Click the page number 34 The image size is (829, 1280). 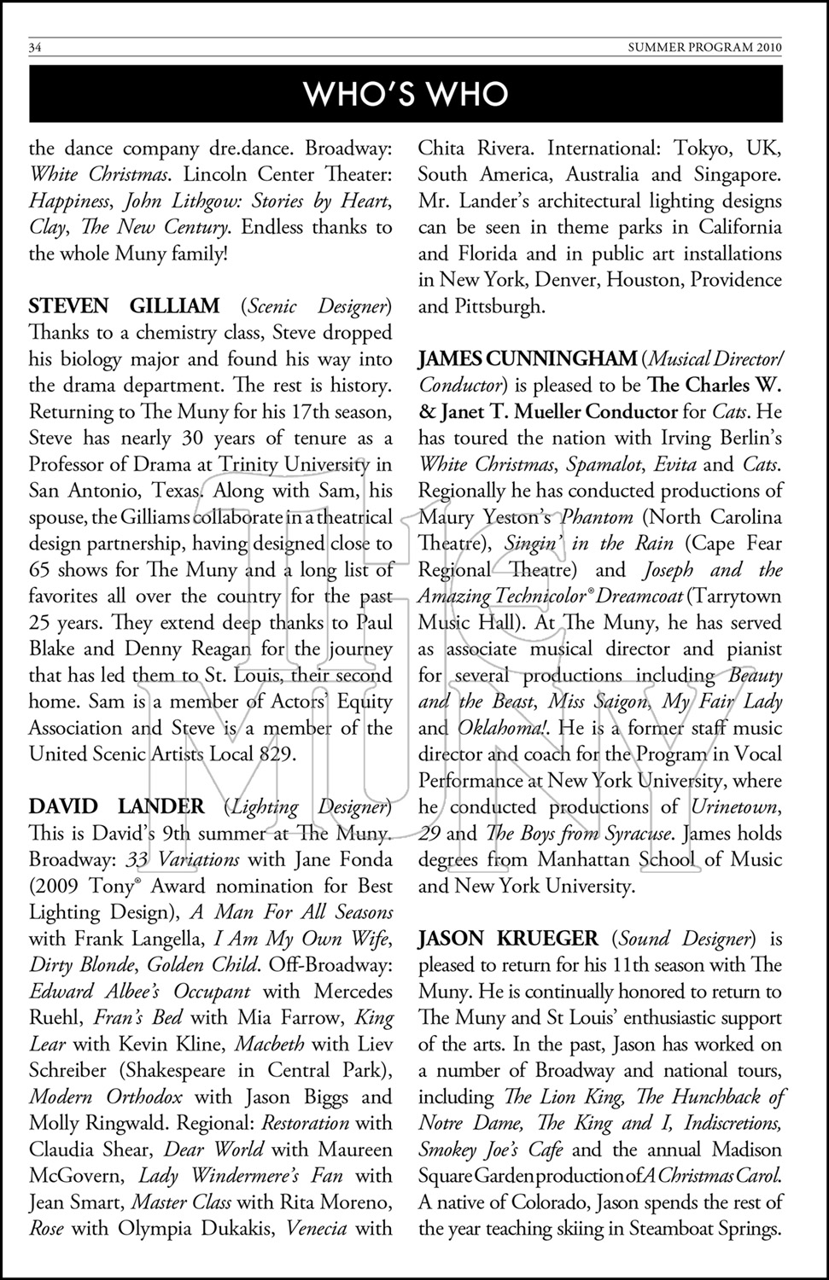pos(35,48)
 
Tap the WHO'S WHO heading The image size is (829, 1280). pos(406,94)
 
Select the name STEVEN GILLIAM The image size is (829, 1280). pos(124,305)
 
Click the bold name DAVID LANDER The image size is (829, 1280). pos(116,806)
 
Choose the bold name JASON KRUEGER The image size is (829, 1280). pos(507,939)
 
